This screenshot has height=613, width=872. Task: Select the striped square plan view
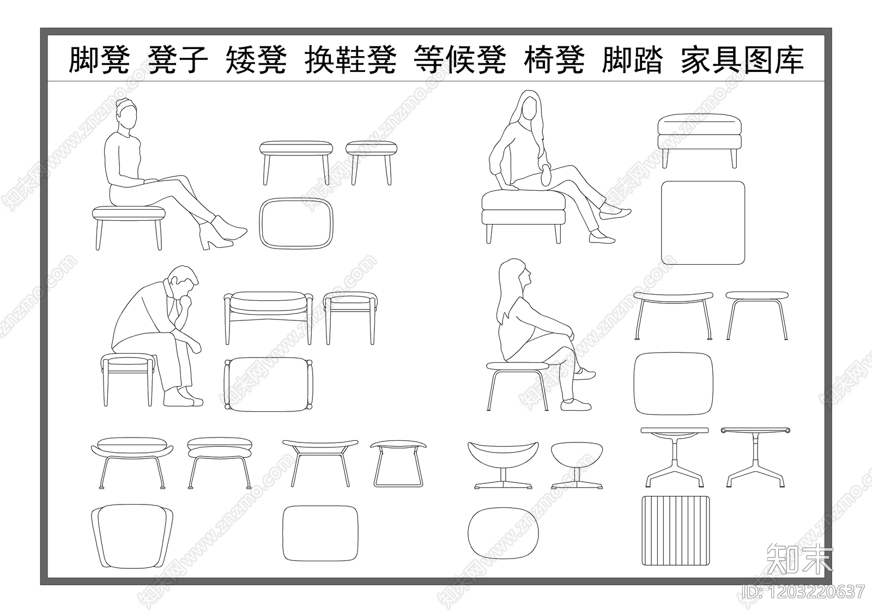[677, 531]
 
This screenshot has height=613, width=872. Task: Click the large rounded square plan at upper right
[703, 223]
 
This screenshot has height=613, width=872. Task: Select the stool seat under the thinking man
[128, 360]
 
